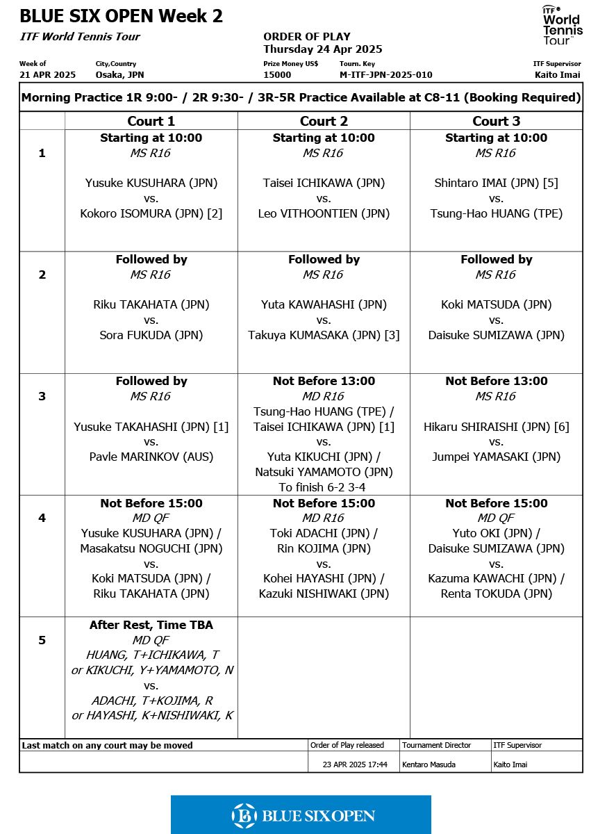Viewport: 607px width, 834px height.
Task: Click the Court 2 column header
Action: pos(324,121)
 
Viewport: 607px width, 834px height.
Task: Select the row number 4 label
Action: pos(42,518)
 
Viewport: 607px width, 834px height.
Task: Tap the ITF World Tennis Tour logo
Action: pos(562,25)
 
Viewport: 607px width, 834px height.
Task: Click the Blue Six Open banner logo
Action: pos(301,815)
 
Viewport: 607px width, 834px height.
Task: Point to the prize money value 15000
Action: pos(277,75)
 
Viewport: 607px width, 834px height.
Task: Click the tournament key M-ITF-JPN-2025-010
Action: pos(385,75)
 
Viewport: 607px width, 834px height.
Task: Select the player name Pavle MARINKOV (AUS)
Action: pos(151,457)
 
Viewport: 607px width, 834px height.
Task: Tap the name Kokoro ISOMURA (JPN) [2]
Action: pos(151,213)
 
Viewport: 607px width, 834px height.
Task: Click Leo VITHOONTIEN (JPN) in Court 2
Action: pos(324,213)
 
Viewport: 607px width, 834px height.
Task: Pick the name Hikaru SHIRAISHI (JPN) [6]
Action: pos(496,427)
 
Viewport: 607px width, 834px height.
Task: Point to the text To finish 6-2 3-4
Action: pos(324,487)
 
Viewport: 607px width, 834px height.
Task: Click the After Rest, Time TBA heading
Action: pos(151,625)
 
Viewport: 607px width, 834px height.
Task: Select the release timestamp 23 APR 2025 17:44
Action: pos(355,764)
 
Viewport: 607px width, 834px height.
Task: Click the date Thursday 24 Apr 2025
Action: pos(322,49)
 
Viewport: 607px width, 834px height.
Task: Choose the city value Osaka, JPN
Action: pos(119,75)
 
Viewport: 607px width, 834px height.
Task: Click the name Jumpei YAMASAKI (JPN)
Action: pos(496,457)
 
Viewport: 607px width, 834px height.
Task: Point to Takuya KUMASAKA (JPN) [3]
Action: pos(324,335)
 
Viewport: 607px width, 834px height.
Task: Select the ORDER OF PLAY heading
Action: pos(306,37)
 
